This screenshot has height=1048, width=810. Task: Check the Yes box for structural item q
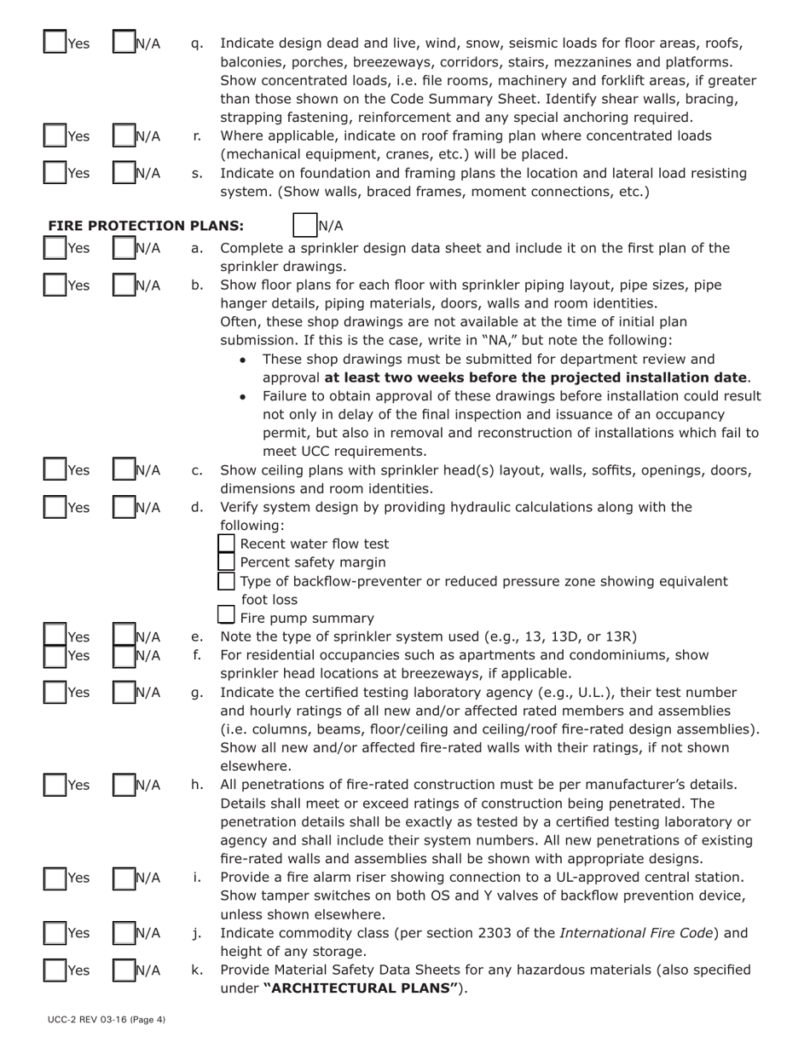(x=55, y=43)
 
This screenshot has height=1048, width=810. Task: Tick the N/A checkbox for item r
(x=124, y=136)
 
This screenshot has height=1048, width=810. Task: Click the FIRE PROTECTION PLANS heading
(x=146, y=226)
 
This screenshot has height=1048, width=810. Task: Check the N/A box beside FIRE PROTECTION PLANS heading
(x=304, y=226)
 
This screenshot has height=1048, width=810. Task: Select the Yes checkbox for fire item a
(x=55, y=249)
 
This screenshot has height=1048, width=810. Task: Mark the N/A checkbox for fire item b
(x=124, y=286)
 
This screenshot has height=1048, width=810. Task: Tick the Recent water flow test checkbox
(x=227, y=544)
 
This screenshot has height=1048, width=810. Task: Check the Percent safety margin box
(x=227, y=562)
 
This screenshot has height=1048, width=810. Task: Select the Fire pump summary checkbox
(x=227, y=616)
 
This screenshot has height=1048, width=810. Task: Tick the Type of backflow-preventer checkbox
(x=227, y=581)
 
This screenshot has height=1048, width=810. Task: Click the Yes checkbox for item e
(x=55, y=636)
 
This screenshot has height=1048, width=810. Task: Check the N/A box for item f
(x=124, y=655)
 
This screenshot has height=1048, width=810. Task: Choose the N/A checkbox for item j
(x=124, y=934)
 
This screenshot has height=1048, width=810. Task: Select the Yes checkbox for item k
(x=55, y=971)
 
